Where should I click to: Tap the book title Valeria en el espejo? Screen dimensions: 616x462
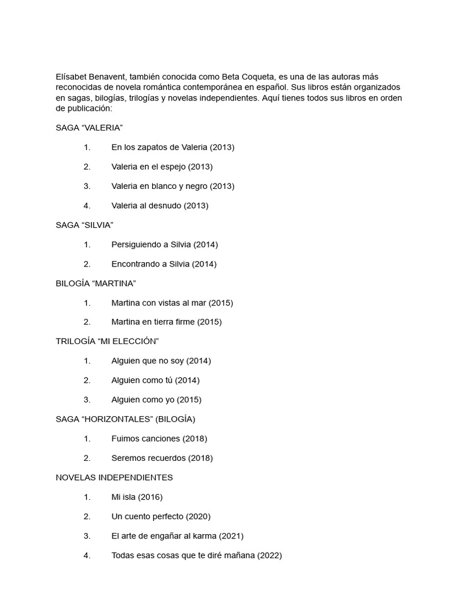coord(149,167)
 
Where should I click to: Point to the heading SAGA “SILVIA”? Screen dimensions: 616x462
coord(84,225)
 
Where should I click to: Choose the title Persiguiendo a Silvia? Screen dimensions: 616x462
coord(151,244)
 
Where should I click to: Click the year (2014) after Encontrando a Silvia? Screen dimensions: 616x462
coord(205,263)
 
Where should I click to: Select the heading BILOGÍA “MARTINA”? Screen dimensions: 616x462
coord(96,283)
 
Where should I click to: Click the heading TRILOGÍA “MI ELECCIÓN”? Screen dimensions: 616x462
coord(107,341)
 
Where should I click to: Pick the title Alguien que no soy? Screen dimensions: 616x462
coord(148,361)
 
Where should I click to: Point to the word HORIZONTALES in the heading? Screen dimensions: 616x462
coord(115,419)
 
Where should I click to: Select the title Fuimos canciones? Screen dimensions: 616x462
coord(146,439)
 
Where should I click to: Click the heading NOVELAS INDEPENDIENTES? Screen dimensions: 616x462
coord(114,477)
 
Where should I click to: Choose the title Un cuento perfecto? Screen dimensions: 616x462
coord(147,516)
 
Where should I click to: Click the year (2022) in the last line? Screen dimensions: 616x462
coord(269,555)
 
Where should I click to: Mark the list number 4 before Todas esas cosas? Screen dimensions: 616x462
coord(87,555)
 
